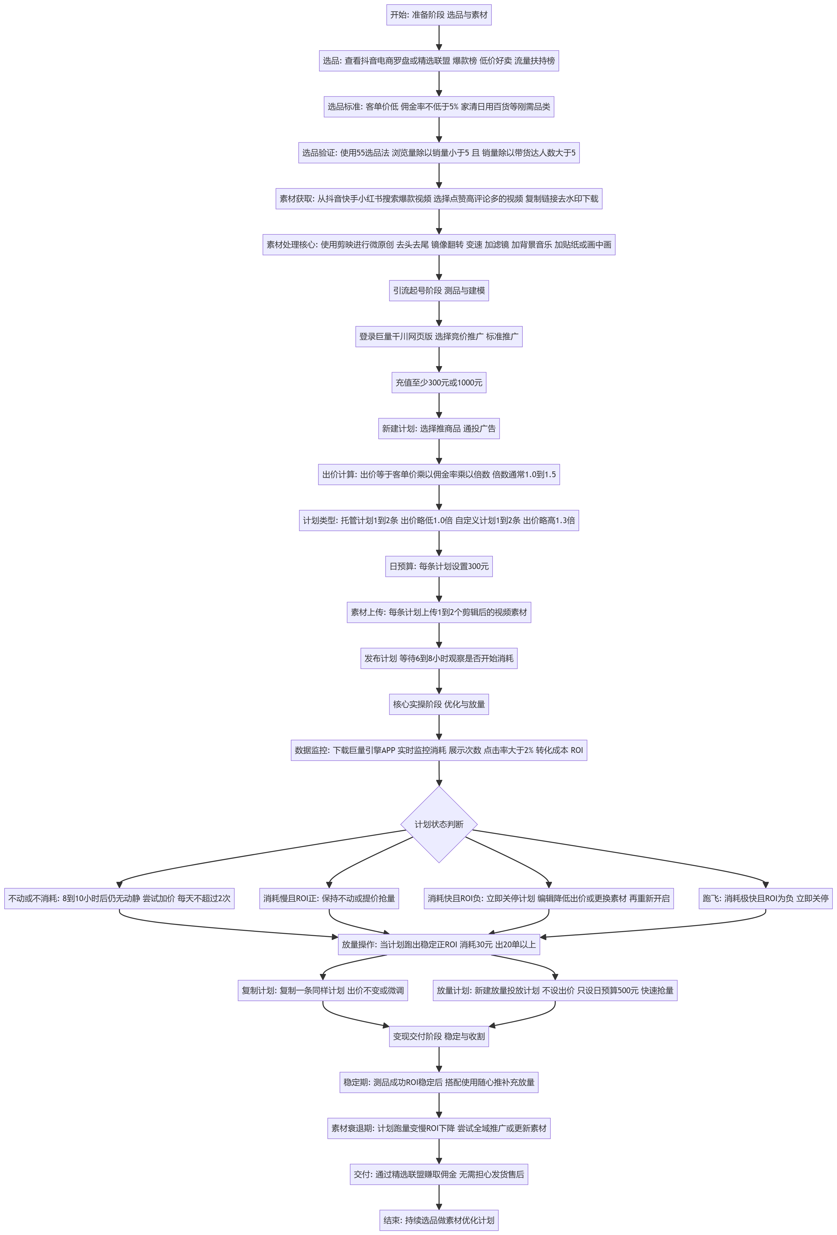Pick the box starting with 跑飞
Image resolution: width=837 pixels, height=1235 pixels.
click(765, 898)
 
